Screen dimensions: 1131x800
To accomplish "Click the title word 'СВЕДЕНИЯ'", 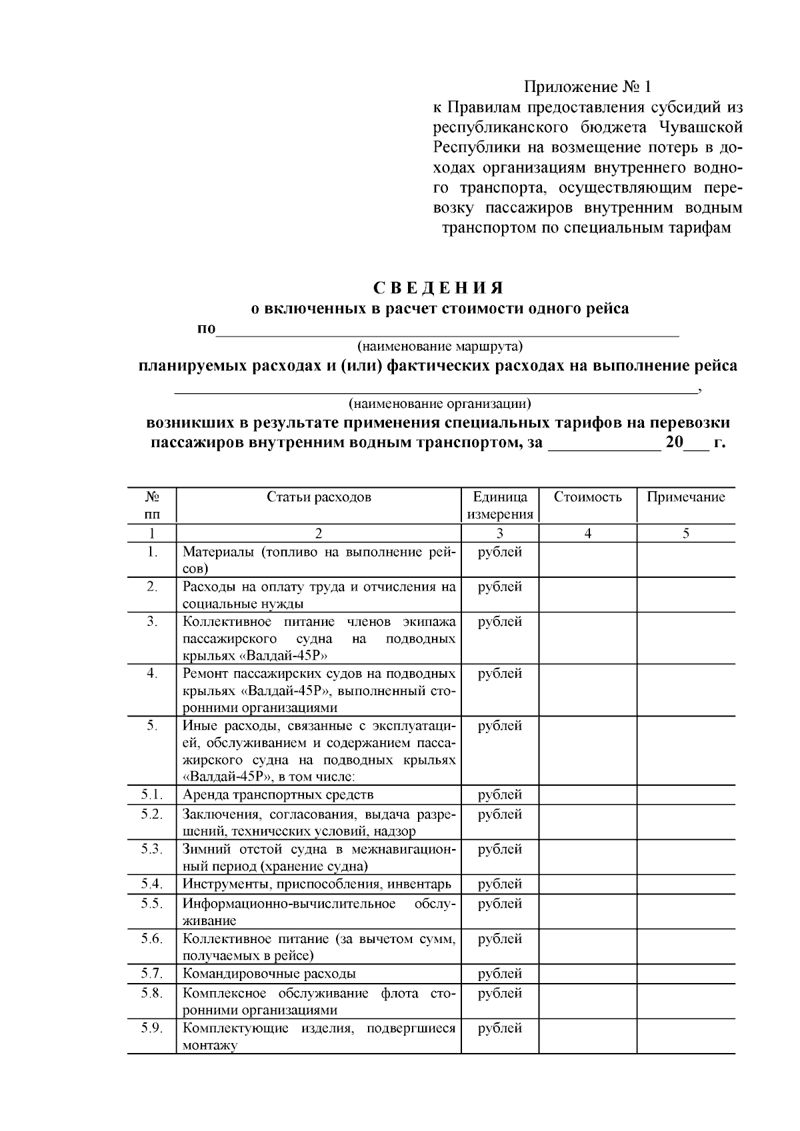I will (439, 288).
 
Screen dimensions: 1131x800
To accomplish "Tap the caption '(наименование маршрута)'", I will (440, 347).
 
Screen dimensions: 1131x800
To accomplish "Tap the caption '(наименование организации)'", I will (440, 404).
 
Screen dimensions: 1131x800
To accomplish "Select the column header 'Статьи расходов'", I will (319, 497).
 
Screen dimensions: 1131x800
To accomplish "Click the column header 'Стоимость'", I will (587, 497).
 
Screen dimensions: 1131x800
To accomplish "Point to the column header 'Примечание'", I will (685, 497).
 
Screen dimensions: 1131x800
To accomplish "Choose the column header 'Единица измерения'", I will (500, 505).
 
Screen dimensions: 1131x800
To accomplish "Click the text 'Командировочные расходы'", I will (269, 974).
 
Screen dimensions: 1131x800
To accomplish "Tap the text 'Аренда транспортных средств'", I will (278, 795).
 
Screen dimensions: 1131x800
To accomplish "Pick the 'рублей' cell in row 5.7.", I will (500, 974).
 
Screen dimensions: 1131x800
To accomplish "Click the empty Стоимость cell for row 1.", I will (587, 560).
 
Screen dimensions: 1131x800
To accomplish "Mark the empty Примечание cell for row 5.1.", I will (685, 795).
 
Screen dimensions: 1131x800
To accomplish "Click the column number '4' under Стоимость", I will (587, 533).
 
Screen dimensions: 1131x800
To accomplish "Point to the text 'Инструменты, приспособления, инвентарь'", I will (317, 884).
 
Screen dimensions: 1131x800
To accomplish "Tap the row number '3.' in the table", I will (152, 622).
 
